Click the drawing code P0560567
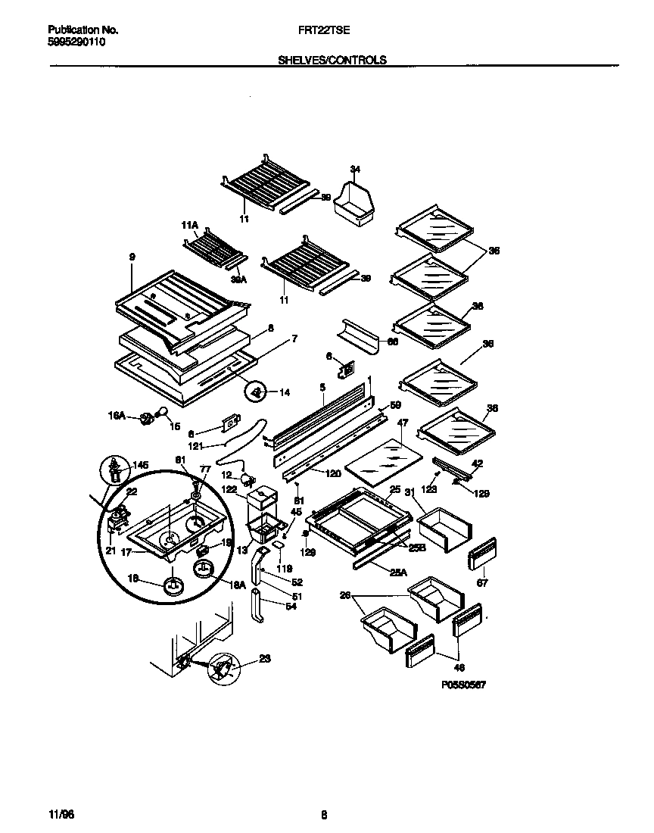click(462, 684)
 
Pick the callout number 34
click(356, 168)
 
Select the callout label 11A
click(189, 225)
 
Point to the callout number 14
click(285, 392)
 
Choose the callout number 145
click(141, 465)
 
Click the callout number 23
click(264, 658)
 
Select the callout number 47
click(403, 423)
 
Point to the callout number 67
click(482, 583)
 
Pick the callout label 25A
click(398, 573)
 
